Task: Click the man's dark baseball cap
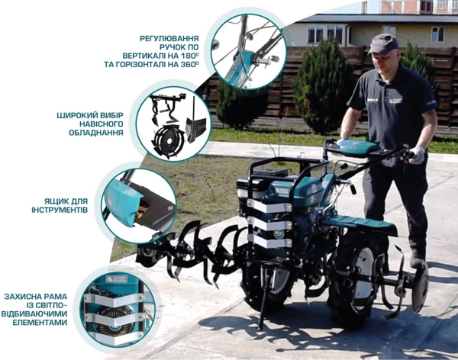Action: [x=383, y=43]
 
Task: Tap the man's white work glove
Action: [x=417, y=155]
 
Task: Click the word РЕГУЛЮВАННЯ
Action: [x=169, y=39]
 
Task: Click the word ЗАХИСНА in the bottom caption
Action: [x=21, y=297]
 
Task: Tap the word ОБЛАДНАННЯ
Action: [x=96, y=133]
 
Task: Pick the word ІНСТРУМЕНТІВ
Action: [x=60, y=211]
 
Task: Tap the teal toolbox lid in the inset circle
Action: [x=120, y=201]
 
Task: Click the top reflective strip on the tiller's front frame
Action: [x=269, y=207]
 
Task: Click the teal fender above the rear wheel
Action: [x=360, y=225]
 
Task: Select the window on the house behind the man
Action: [x=437, y=34]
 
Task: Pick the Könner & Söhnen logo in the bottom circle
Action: [x=116, y=278]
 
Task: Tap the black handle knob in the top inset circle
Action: [x=274, y=59]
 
